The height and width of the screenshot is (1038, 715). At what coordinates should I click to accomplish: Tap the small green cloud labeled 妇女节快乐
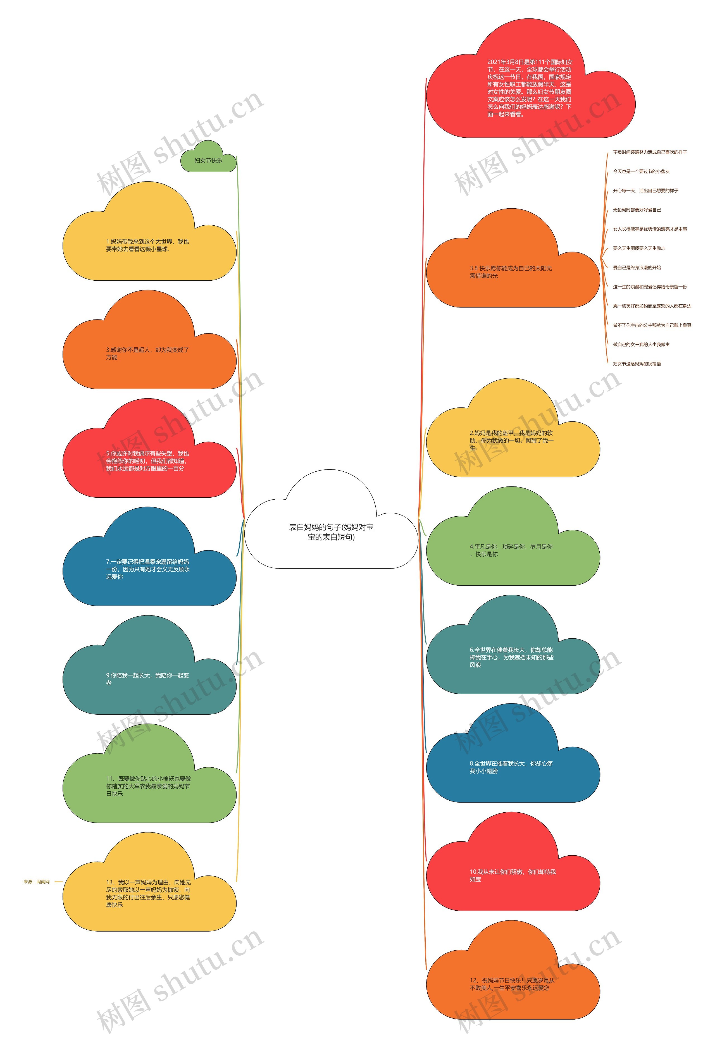click(x=208, y=160)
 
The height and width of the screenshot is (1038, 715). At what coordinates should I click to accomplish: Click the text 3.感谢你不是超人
click(x=147, y=353)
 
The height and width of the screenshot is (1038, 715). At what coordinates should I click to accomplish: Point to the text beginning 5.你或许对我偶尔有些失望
click(x=147, y=461)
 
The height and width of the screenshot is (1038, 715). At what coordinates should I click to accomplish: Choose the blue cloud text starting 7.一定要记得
click(x=147, y=569)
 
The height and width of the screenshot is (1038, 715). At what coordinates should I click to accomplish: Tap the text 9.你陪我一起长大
click(x=147, y=679)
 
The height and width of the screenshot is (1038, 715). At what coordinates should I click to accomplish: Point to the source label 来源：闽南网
click(x=37, y=882)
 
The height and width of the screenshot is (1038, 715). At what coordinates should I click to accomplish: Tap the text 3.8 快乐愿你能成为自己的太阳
click(x=511, y=272)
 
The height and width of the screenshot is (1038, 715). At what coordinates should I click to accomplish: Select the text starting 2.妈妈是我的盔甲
click(x=511, y=440)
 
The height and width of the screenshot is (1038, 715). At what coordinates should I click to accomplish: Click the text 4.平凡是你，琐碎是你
click(x=511, y=550)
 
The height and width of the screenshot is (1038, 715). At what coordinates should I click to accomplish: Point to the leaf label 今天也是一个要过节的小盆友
click(x=641, y=171)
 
